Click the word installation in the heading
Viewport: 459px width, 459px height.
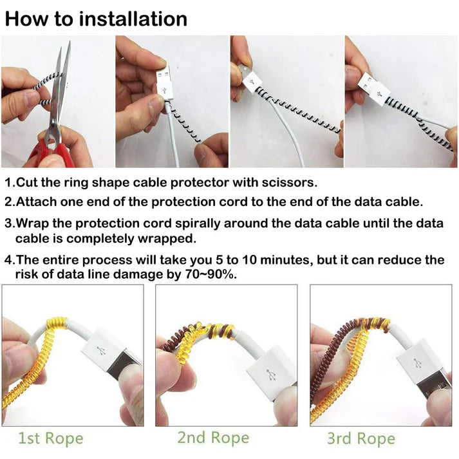133,18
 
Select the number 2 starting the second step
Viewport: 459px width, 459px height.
8,201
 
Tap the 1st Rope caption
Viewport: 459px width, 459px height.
50,439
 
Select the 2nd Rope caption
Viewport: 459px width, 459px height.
214,438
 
